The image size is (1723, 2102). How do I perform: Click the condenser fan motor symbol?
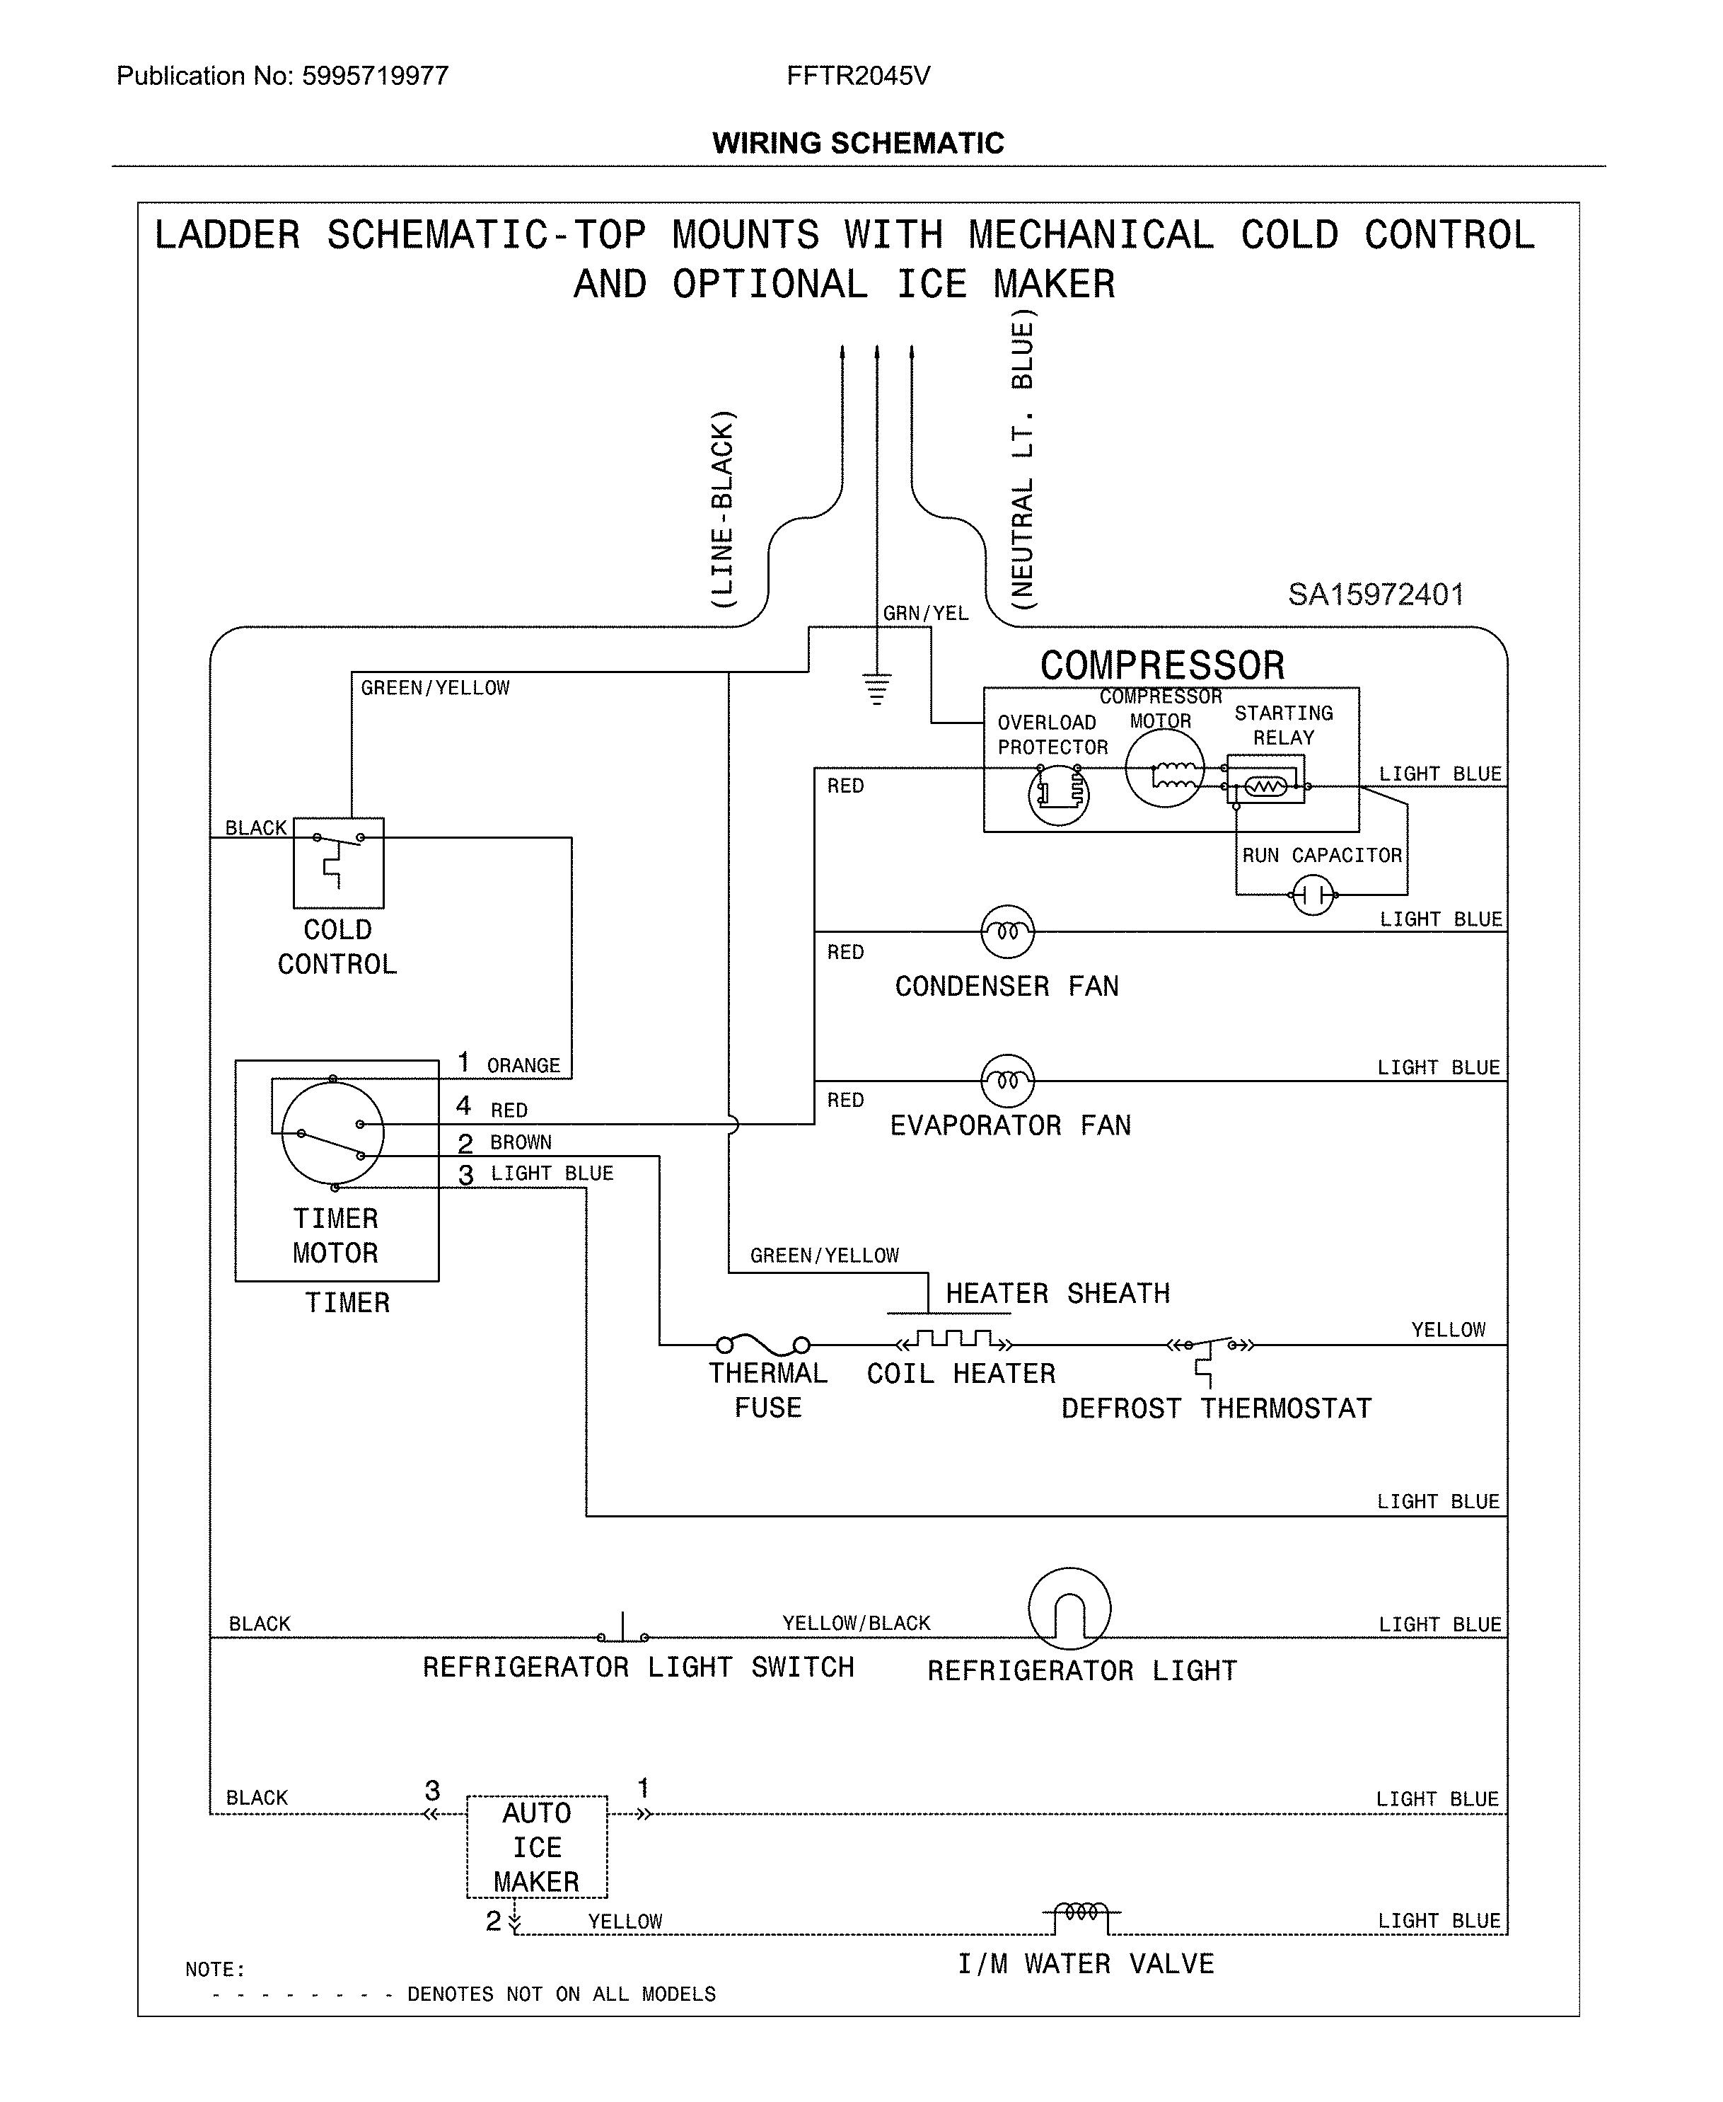(1007, 931)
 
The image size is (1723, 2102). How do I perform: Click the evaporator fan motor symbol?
(1007, 1080)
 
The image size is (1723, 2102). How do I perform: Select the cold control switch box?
(338, 863)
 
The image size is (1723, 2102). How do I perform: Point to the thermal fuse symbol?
(762, 1345)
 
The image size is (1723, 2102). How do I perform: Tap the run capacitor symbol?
(1313, 895)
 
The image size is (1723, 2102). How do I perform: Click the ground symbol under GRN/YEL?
(876, 687)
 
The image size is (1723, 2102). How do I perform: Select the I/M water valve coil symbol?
(1081, 1912)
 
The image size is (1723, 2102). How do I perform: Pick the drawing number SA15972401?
(1376, 595)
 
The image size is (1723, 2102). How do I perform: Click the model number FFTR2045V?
(859, 76)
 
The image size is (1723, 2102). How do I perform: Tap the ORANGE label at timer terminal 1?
(523, 1065)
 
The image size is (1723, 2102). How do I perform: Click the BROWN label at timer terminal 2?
(520, 1142)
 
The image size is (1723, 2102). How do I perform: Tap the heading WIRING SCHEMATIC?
(857, 143)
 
